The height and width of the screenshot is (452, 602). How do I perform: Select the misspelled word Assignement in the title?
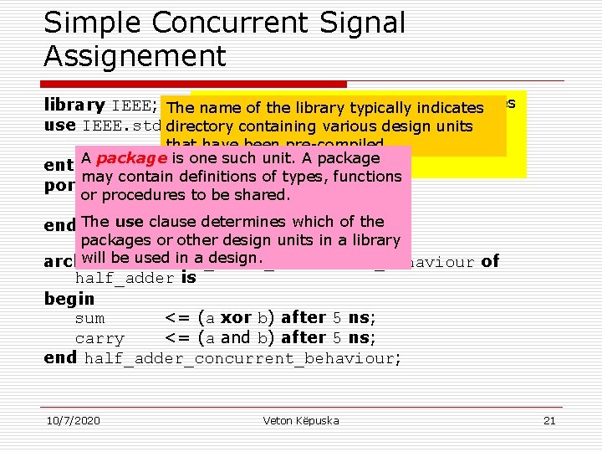135,56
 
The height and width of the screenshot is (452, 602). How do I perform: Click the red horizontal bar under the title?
195,84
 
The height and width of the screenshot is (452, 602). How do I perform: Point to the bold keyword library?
74,106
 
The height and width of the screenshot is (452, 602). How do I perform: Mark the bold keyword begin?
69,299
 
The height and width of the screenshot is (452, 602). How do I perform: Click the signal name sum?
90,318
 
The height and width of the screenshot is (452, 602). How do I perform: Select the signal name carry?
99,338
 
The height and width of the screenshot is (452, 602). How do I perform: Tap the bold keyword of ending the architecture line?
490,261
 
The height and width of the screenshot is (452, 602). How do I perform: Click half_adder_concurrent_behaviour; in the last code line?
242,358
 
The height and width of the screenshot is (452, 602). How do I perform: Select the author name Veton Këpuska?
301,420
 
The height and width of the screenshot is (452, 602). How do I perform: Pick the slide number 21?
549,420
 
